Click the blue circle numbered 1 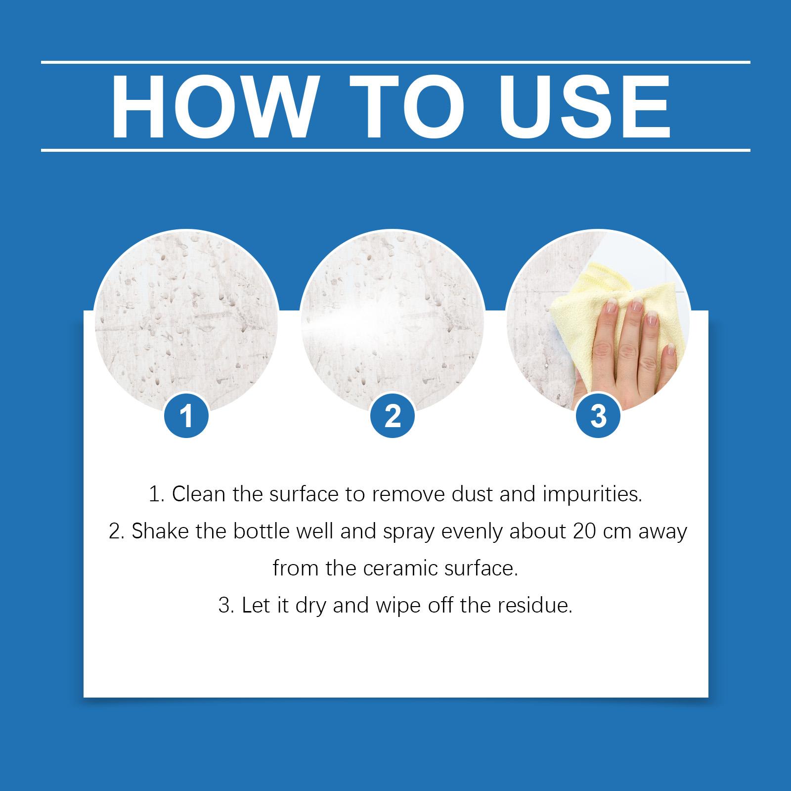click(186, 416)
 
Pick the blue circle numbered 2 click(392, 416)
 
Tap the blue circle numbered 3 click(598, 416)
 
